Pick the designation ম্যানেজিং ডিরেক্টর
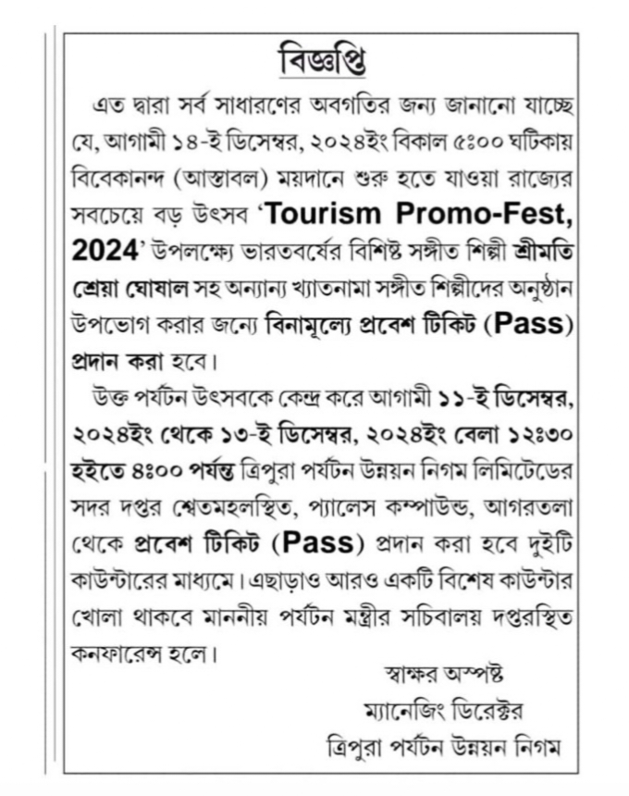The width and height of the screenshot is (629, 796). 455,709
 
